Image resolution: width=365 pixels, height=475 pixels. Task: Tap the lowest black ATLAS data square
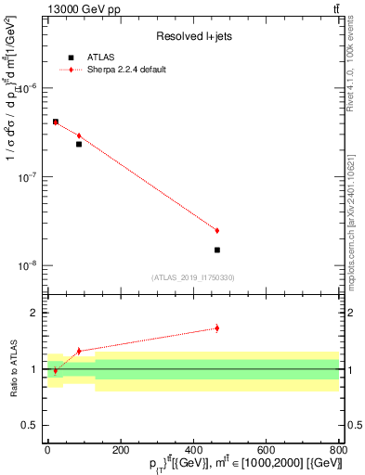click(216, 250)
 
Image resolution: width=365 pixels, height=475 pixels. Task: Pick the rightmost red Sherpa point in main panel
click(216, 230)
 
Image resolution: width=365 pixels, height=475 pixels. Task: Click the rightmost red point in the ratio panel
click(216, 327)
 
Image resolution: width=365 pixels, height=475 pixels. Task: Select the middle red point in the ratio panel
click(79, 351)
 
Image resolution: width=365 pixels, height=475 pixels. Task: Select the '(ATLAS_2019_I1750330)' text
click(193, 277)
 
